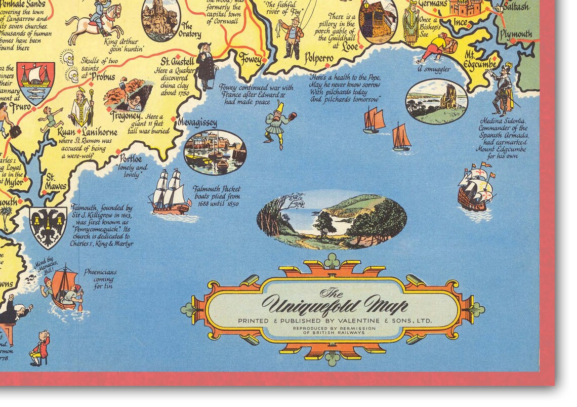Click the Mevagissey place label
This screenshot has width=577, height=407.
[197, 123]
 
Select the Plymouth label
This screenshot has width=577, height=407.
[515, 34]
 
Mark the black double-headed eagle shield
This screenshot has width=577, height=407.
[48, 227]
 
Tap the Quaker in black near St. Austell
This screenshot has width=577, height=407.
[206, 69]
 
